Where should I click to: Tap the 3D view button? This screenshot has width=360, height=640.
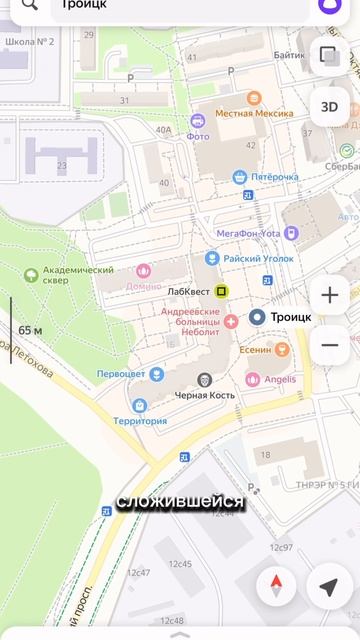(329, 107)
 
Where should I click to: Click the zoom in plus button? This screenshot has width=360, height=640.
(330, 296)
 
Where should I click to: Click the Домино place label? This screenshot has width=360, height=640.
(143, 285)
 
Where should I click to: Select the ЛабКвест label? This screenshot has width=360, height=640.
(190, 291)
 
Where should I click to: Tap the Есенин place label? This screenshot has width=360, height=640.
(255, 350)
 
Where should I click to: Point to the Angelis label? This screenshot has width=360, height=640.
(280, 379)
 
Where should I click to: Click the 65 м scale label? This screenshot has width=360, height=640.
(30, 330)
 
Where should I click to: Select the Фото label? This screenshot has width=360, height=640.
(198, 137)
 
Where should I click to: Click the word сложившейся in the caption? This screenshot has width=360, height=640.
(180, 501)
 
